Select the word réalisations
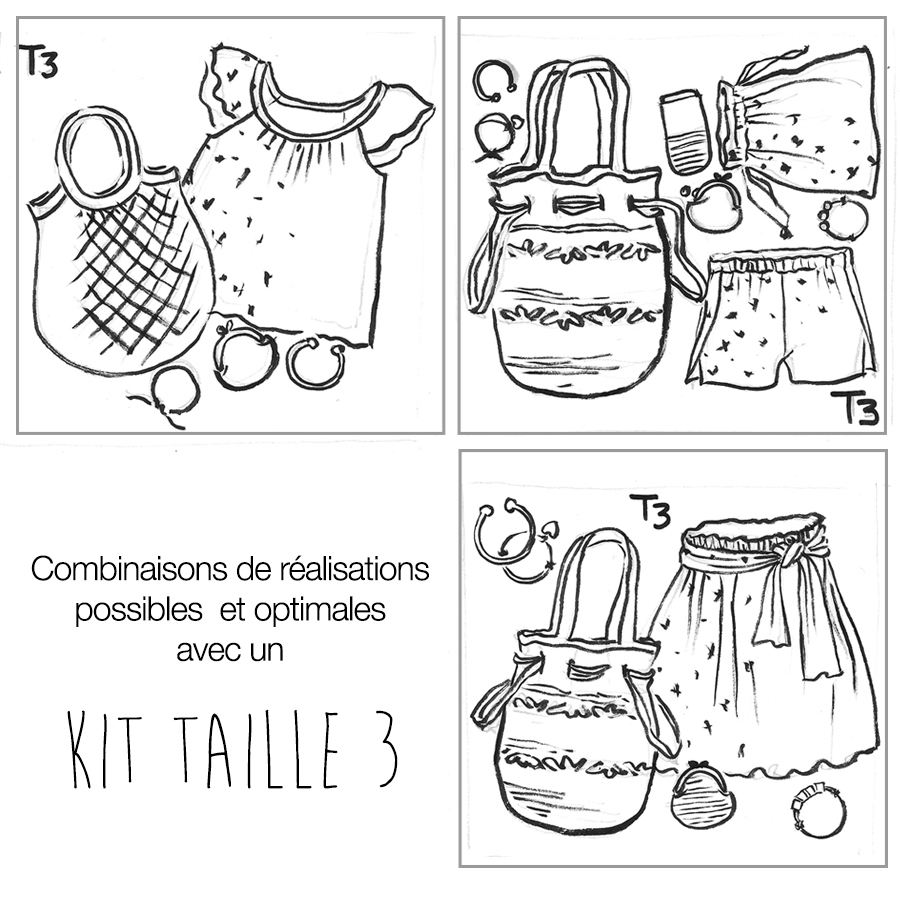[x=355, y=569]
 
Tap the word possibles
[x=138, y=610]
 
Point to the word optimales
[x=319, y=610]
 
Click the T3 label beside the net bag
[x=39, y=61]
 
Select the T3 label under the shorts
[x=855, y=408]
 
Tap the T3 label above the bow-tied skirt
[x=651, y=510]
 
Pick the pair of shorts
[x=783, y=317]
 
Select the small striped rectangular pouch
[x=684, y=132]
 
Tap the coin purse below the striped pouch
[x=712, y=205]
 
